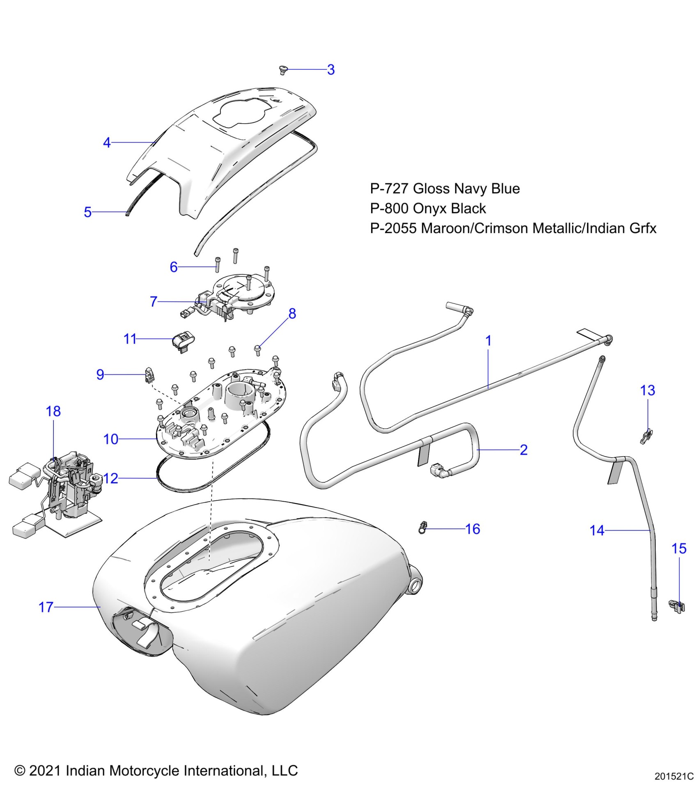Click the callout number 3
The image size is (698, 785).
[331, 69]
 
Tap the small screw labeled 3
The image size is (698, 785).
[282, 70]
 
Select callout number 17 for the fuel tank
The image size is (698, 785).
[46, 607]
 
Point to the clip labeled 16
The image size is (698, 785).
[422, 528]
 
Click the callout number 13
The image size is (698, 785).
[647, 390]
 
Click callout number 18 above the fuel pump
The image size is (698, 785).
[53, 411]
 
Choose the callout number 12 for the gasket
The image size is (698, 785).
[111, 478]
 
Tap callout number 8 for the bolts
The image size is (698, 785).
[292, 314]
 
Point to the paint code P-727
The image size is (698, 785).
[389, 188]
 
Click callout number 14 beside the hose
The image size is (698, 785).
[597, 530]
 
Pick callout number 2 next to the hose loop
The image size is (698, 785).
[523, 450]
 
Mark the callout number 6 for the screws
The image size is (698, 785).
[174, 267]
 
